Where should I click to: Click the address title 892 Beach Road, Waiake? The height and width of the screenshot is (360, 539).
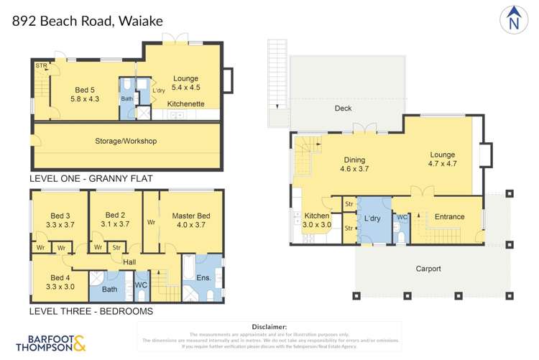coord(88,20)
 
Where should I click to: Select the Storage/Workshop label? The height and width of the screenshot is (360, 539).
coord(126,141)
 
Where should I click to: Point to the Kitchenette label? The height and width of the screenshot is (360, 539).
coord(186,104)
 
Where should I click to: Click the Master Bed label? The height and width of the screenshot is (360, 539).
coord(190,221)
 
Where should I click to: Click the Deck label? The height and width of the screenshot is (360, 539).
coord(344,109)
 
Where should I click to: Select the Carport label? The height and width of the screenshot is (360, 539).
coord(428,269)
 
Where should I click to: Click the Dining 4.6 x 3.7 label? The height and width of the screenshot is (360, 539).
coord(354,165)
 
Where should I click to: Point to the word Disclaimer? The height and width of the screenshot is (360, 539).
coord(266,326)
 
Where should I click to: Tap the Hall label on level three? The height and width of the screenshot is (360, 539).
coord(129,262)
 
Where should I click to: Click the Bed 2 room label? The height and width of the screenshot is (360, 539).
coord(115,220)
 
